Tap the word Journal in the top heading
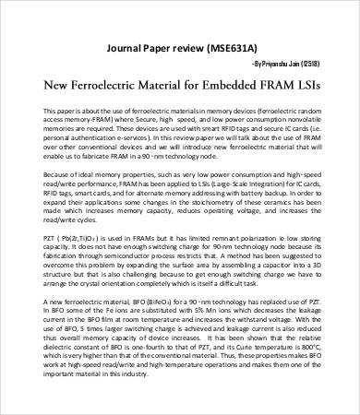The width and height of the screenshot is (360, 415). (129, 46)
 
